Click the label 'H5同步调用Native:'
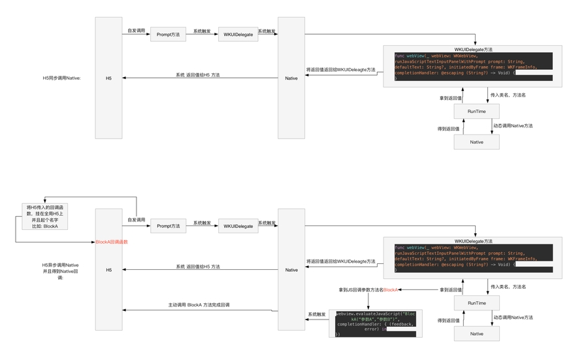click(x=61, y=78)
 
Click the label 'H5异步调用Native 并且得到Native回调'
click(x=60, y=269)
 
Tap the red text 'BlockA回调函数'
click(x=112, y=242)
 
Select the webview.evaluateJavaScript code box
click(x=376, y=323)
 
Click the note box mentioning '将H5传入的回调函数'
click(x=44, y=217)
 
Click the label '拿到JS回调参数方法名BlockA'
click(x=368, y=289)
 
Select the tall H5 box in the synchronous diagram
click(x=108, y=78)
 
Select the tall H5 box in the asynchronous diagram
click(x=108, y=269)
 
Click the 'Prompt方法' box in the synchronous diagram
click(x=169, y=34)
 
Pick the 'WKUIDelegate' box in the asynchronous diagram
click(x=238, y=226)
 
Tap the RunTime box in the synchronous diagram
click(x=476, y=111)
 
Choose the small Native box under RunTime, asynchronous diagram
click(x=476, y=333)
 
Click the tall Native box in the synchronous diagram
click(x=291, y=78)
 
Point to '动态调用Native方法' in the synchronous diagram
click(x=513, y=125)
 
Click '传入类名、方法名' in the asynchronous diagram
click(x=508, y=287)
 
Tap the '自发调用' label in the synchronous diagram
click(x=136, y=30)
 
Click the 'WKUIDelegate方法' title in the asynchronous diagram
click(x=473, y=241)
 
